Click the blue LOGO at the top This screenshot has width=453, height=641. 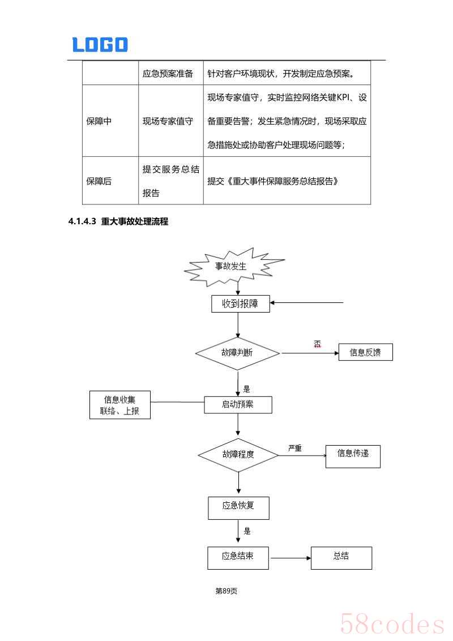[100, 45]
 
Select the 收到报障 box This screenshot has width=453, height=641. [240, 304]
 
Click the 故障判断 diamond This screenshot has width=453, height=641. [237, 352]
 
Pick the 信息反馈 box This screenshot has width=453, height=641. [365, 352]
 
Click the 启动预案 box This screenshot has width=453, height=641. [238, 404]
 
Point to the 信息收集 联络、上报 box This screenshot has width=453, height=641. [120, 405]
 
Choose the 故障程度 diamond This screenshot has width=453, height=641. [238, 455]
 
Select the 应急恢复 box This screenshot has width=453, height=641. [238, 507]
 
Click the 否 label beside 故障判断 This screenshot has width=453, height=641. [317, 344]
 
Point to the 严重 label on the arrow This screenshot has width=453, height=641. [294, 448]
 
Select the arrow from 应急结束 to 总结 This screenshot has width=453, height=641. [290, 558]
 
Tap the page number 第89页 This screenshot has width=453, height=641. [226, 591]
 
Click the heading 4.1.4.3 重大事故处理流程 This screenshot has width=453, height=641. [118, 221]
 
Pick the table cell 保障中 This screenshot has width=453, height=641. [99, 121]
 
